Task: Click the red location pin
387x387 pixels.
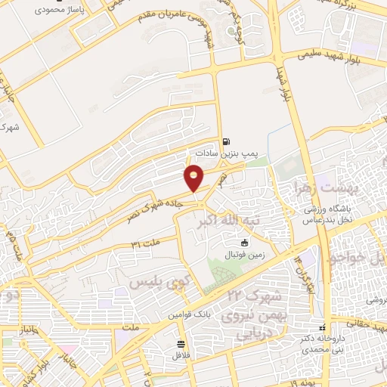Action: pos(194,177)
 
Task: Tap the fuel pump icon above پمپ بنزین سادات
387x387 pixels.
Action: pos(226,141)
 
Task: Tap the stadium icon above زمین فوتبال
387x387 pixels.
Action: pos(243,243)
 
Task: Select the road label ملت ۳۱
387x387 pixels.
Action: pos(146,243)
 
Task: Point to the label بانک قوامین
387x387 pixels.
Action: pos(189,312)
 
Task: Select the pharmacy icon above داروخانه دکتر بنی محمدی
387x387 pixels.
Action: pos(323,327)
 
